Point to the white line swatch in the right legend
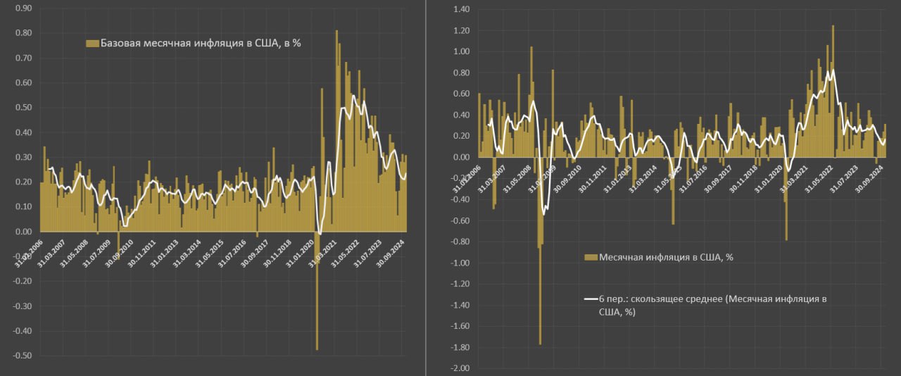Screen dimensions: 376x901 point(591,299)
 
